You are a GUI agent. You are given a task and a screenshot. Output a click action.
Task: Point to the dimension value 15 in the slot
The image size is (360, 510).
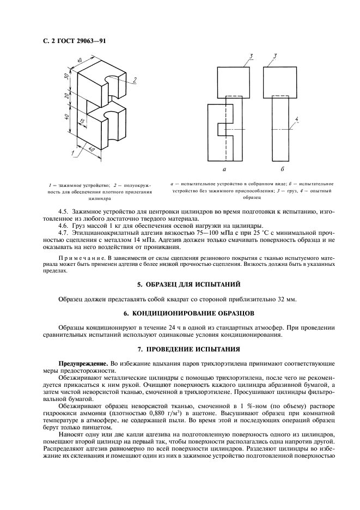pyautogui.click(x=82, y=122)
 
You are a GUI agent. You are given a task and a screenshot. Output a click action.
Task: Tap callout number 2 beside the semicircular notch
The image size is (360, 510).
pyautogui.click(x=133, y=80)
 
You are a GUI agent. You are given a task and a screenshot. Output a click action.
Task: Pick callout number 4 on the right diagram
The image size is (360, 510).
pyautogui.click(x=296, y=118)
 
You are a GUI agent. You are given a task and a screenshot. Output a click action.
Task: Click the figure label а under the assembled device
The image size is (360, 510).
pyautogui.click(x=225, y=170)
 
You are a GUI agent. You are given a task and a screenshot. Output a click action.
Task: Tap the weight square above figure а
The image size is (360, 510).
pyautogui.click(x=234, y=81)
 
